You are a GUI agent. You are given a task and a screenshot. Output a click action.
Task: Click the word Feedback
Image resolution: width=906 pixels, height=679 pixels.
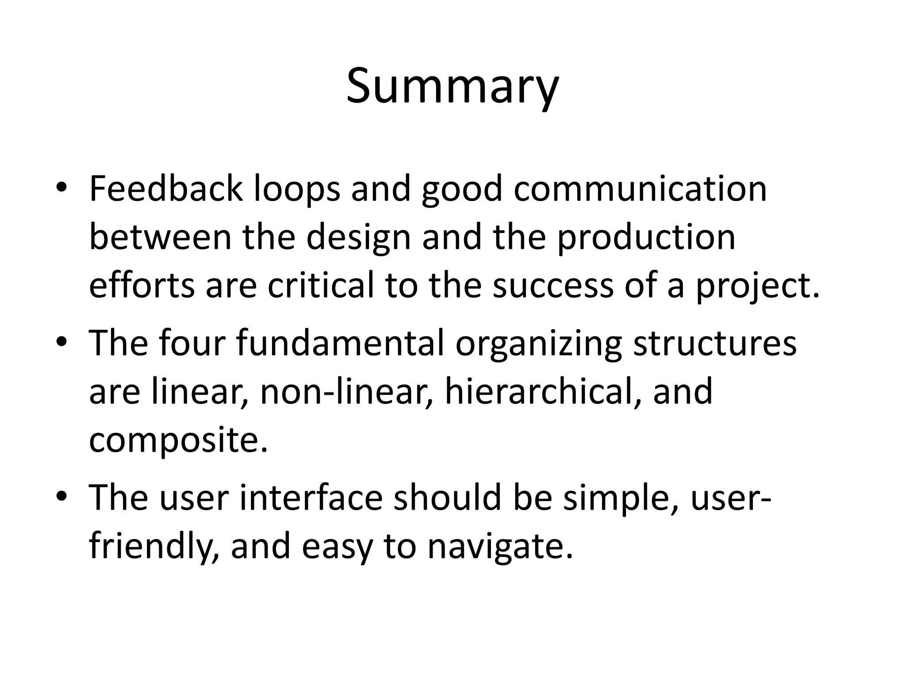click(165, 189)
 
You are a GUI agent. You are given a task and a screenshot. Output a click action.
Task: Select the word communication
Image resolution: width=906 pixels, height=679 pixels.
click(640, 189)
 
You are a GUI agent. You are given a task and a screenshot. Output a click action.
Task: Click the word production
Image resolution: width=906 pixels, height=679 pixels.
click(646, 238)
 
